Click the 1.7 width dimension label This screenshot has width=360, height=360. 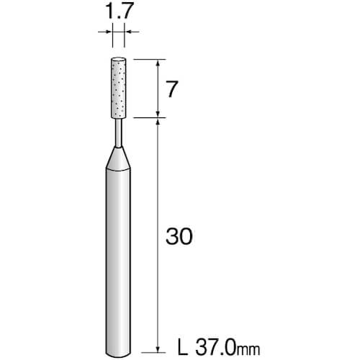coord(120,12)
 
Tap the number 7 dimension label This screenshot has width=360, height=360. coord(172,89)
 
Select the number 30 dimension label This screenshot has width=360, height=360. coord(179,236)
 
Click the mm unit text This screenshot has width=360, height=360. coord(248,351)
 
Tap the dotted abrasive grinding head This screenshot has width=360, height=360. coord(118,88)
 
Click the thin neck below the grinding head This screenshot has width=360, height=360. coord(119,132)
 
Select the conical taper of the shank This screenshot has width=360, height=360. coord(119,158)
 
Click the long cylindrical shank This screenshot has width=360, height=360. coord(119,261)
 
